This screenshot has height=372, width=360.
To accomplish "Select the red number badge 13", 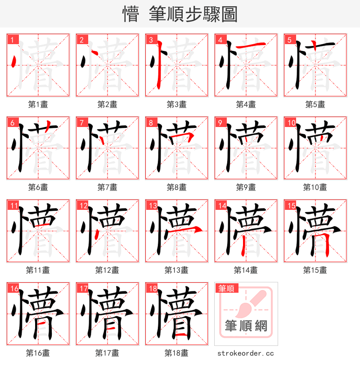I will (153, 206).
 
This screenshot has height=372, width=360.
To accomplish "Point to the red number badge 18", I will (153, 289).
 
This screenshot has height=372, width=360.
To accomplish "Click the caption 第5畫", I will (315, 104).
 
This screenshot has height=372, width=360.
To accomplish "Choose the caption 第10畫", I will (315, 187).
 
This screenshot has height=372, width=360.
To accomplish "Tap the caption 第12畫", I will (107, 270).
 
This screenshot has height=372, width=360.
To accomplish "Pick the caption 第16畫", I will (38, 353).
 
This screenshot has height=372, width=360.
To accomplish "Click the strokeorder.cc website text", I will (246, 354).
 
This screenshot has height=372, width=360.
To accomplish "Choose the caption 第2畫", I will (107, 104).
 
